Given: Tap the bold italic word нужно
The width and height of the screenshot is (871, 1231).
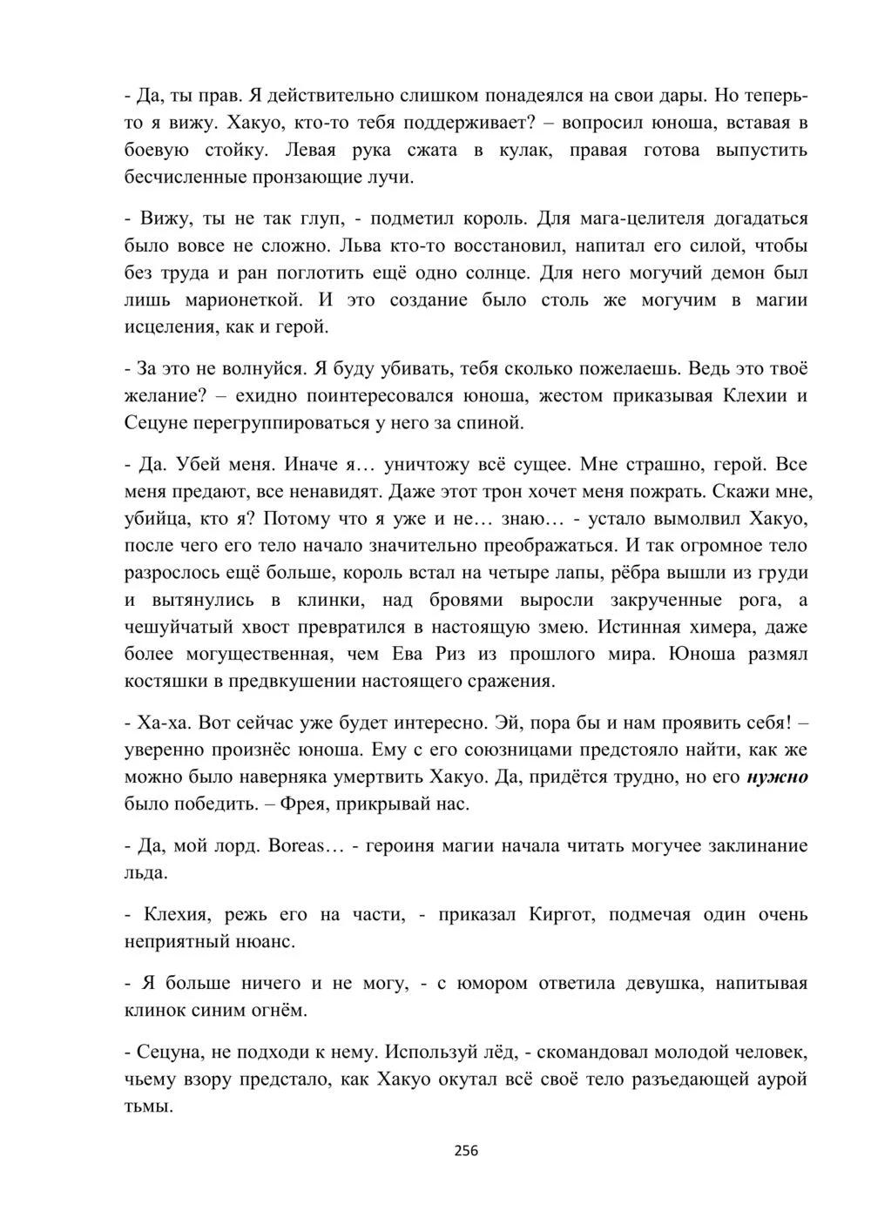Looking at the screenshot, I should pyautogui.click(x=778, y=777).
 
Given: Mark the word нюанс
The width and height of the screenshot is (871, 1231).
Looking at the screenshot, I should pyautogui.click(x=263, y=941).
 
